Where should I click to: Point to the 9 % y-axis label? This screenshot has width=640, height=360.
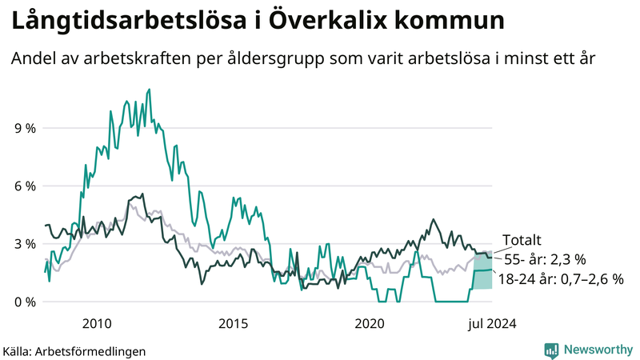coord(24,128)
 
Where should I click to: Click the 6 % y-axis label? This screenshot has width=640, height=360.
coord(24,186)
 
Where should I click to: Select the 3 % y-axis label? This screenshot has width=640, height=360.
coord(24,244)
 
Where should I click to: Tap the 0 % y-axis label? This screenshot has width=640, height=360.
coord(24,302)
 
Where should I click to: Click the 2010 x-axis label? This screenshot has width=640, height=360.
coord(96,324)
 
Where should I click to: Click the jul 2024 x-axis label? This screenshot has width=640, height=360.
coord(491,324)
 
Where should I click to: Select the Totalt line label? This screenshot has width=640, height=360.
coord(522,240)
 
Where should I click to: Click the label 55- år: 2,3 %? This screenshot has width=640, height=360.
coord(545,259)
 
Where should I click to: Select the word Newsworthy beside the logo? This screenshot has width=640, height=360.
coord(597,350)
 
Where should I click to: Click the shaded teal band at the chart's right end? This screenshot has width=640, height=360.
coord(482,276)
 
